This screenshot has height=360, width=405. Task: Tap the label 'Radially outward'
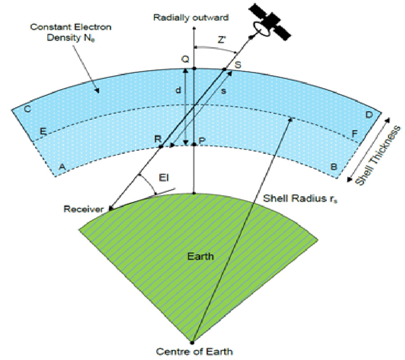[191, 18]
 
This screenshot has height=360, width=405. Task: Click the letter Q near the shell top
[185, 59]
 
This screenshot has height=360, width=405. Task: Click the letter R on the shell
[157, 139]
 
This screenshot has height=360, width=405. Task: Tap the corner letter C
[27, 110]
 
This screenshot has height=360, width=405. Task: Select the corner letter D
[369, 115]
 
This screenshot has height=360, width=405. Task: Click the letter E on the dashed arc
[43, 131]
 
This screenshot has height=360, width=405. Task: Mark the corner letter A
[62, 166]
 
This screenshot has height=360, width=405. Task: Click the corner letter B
[334, 166]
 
